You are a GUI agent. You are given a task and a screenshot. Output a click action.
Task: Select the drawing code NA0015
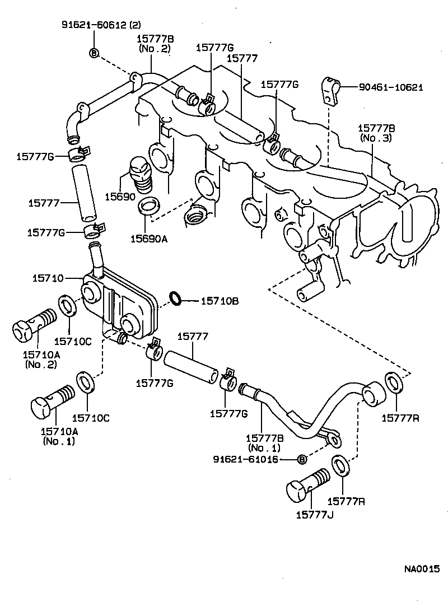[x=422, y=569]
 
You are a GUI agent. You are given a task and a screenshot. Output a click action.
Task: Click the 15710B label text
[x=220, y=301]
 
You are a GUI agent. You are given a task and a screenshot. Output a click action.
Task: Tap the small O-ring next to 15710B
[x=175, y=298]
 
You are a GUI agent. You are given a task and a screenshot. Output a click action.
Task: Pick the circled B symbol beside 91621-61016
[x=301, y=459]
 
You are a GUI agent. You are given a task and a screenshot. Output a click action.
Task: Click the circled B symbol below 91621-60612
[x=94, y=53]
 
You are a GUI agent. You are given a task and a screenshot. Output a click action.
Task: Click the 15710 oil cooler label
[x=46, y=277]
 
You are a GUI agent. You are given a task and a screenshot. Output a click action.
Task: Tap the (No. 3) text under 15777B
[x=376, y=138]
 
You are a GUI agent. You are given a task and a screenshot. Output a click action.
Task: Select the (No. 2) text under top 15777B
[x=155, y=49]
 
